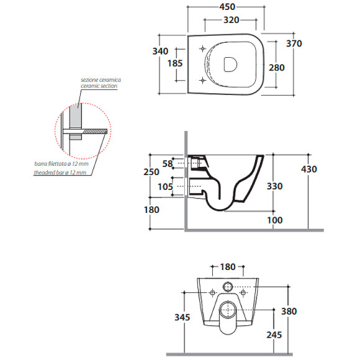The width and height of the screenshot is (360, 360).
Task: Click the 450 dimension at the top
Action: click(x=227, y=7)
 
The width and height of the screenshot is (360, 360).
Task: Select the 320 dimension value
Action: click(x=231, y=20)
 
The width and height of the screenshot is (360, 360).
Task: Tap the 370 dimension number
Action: click(x=294, y=43)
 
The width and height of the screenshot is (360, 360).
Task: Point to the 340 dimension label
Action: click(x=160, y=51)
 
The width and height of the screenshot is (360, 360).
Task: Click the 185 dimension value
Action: click(x=175, y=63)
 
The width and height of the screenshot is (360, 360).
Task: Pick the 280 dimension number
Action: click(x=277, y=68)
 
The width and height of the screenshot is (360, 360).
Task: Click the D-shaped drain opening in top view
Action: click(x=230, y=65)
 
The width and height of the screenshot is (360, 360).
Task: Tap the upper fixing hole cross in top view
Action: click(x=202, y=48)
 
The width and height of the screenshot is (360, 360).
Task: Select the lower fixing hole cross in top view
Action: click(x=202, y=80)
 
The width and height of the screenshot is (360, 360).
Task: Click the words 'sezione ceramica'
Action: click(x=101, y=80)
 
